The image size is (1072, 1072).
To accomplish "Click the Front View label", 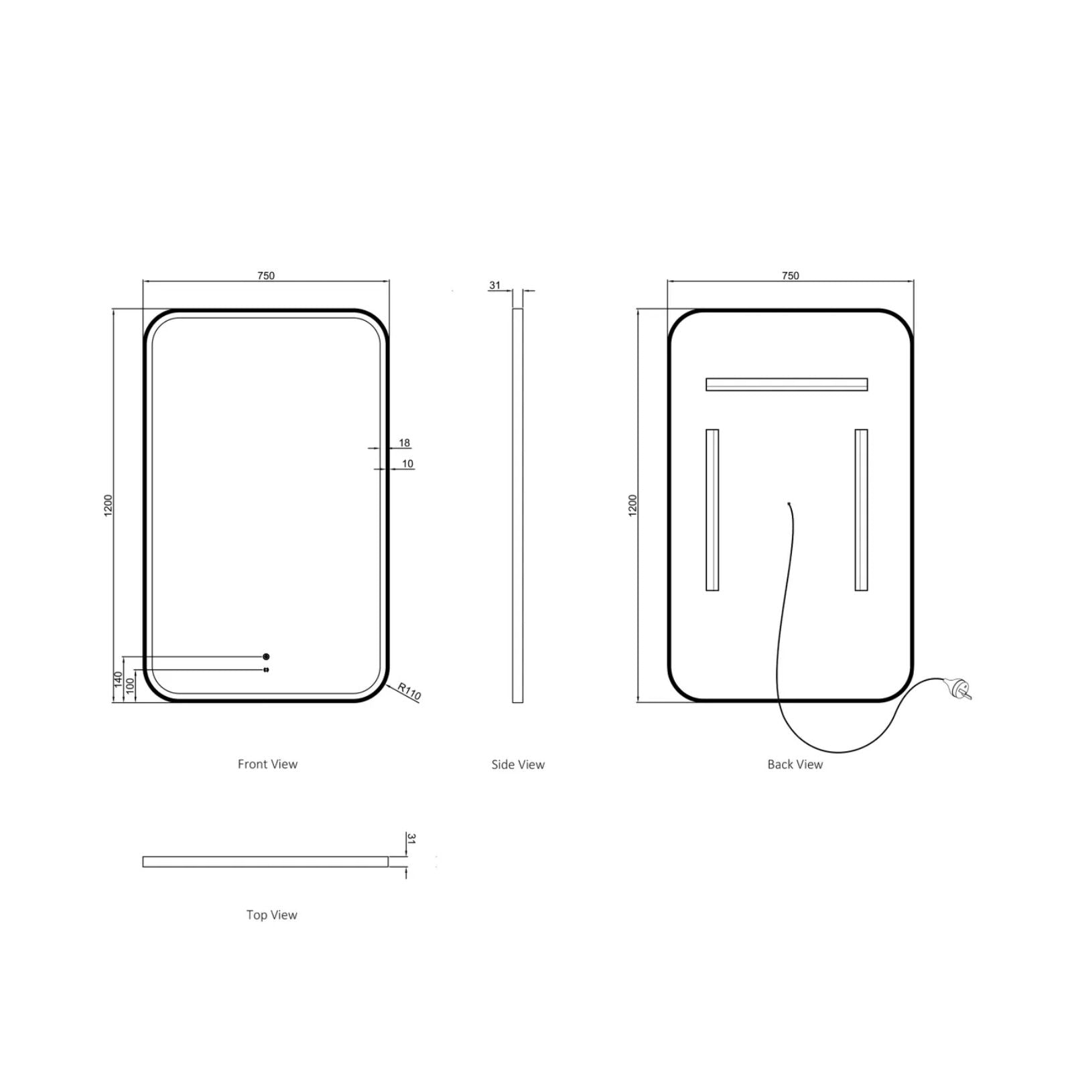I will click(x=267, y=764).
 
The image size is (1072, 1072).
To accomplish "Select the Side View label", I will click(x=518, y=764).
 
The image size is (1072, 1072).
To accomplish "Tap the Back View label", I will click(x=795, y=764).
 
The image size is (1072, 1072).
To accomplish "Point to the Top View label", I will click(x=271, y=915).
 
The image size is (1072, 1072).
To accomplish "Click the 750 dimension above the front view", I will click(x=266, y=275).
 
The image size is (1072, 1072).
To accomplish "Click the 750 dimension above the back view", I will click(x=790, y=275).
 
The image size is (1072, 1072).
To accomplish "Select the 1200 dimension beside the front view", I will click(x=109, y=505).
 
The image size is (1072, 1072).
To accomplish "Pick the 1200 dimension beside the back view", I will click(x=633, y=505).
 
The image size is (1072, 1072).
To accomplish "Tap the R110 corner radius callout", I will click(x=409, y=691).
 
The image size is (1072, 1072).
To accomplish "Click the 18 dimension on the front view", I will click(x=404, y=443).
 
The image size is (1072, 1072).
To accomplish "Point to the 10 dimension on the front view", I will click(x=407, y=464).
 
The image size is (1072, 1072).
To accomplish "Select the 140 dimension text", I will click(x=119, y=680).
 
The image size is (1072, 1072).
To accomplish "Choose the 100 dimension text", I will click(x=131, y=685).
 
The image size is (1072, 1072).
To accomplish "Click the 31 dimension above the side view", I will click(x=494, y=285).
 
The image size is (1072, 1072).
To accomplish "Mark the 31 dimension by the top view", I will click(x=412, y=839).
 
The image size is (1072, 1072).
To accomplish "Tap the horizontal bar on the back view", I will click(x=787, y=385).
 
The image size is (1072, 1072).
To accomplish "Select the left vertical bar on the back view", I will click(x=712, y=510).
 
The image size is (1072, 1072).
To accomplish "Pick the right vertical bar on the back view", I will click(x=861, y=510).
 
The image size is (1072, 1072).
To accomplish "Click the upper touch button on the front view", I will click(x=266, y=657).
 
